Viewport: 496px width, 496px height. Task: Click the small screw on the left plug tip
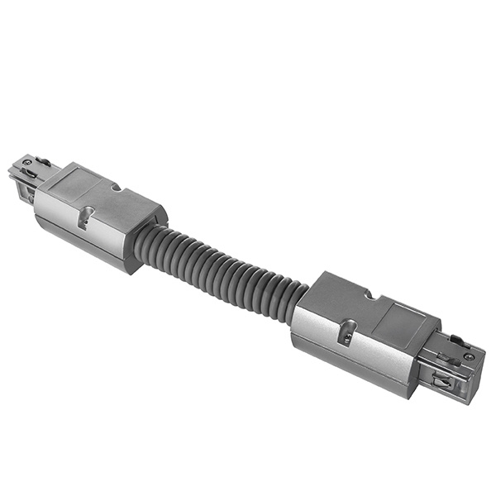pos(24,162)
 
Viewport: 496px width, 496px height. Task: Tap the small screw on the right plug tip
pos(469,356)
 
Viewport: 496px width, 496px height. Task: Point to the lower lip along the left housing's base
pos(83,248)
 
